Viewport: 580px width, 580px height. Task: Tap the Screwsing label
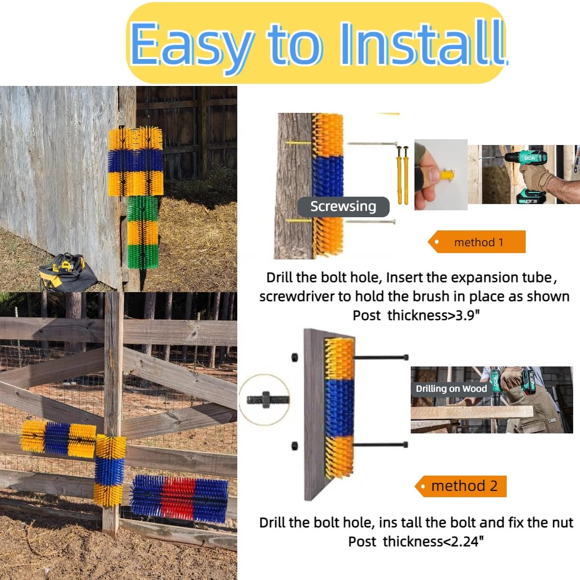343,207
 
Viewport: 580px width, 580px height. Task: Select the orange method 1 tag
477,242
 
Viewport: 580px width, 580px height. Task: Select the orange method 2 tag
460,486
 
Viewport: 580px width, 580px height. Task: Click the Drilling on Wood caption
451,389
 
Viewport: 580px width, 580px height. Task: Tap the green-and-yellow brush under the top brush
143,233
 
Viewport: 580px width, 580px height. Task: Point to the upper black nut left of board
295,357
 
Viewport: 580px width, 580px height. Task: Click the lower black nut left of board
295,446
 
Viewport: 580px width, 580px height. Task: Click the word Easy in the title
191,44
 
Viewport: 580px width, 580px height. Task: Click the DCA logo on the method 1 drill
529,158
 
